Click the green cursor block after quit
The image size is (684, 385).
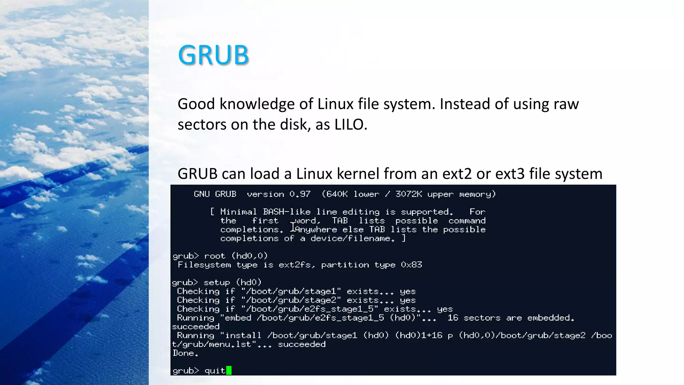coord(229,370)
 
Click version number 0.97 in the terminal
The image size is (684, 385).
coord(300,194)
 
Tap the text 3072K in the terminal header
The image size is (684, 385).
coord(409,194)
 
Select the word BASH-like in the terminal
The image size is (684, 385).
coord(287,212)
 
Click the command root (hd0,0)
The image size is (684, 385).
coord(236,256)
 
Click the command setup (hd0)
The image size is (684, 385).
coord(232,283)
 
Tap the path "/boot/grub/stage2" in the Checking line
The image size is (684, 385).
coord(291,300)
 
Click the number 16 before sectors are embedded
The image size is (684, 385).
coord(453,318)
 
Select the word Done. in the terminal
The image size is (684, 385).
coord(185,353)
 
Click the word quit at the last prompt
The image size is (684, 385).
coord(215,371)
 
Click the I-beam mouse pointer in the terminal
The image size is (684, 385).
coord(293,227)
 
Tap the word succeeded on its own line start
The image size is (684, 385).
coord(196,327)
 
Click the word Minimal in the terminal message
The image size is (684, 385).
coord(238,212)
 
